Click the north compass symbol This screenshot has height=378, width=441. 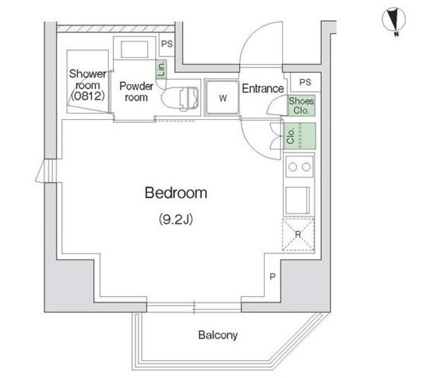point(393,19)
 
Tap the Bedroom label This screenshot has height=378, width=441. point(176,193)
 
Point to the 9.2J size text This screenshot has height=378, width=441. point(176,219)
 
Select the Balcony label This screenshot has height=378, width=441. point(218,335)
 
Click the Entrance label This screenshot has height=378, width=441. point(263,89)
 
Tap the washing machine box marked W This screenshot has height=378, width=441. point(222,97)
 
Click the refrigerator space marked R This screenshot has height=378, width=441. point(298,234)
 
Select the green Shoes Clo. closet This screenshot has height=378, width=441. point(301,105)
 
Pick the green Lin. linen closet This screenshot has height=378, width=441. point(161,69)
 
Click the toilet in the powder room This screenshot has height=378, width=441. point(180,98)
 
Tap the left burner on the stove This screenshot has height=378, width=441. point(292,167)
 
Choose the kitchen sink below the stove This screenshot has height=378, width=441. point(298,200)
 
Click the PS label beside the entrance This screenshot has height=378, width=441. point(305,82)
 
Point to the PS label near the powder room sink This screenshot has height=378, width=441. point(167,44)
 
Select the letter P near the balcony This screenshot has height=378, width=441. point(272,277)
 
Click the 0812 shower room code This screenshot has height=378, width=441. point(88,96)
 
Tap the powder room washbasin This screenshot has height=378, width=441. point(134,50)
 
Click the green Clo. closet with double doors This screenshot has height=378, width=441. point(300,136)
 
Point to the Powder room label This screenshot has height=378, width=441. point(136,92)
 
